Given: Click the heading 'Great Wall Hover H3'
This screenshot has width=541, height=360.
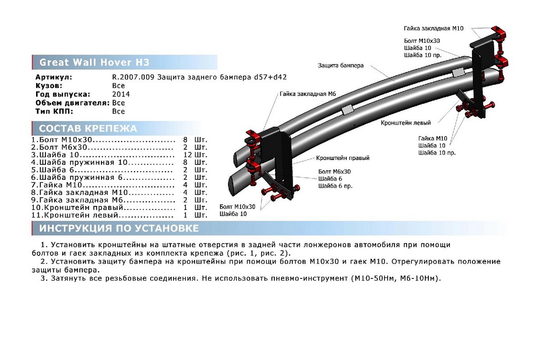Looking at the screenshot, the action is (x=94, y=62).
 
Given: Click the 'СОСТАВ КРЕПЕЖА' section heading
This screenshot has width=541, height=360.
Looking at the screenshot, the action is (x=88, y=128).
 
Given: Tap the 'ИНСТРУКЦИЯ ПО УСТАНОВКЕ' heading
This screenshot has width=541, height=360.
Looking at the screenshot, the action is (x=119, y=228).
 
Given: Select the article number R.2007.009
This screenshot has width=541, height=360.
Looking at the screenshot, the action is (x=133, y=77).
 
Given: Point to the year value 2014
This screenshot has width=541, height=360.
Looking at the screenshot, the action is (x=121, y=94).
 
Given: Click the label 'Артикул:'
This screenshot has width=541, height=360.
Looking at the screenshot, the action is (x=54, y=77).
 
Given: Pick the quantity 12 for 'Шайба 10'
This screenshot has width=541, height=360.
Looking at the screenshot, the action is (x=188, y=155).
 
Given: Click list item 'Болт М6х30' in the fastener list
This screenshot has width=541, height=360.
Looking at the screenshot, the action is (x=63, y=147).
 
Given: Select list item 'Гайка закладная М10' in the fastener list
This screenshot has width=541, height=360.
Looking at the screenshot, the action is (x=83, y=192).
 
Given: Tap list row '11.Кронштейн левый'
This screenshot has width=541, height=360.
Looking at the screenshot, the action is (x=75, y=215).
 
